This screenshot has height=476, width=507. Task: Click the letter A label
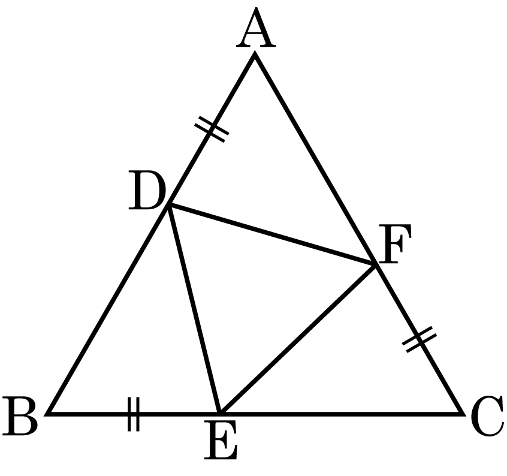[x=256, y=31]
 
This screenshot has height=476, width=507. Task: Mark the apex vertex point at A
[x=255, y=55]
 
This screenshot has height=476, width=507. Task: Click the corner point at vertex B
[x=49, y=413]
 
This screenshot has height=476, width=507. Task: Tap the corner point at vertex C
[x=463, y=413]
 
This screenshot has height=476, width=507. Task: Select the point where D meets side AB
[x=169, y=205]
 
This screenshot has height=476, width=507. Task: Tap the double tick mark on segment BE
[x=134, y=413]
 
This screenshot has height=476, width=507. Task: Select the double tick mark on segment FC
[x=418, y=340]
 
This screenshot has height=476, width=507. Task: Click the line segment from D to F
[x=272, y=234]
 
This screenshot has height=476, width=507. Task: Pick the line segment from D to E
[x=195, y=309]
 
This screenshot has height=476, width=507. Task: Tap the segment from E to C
[x=342, y=413]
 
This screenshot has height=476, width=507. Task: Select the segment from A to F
[x=315, y=159]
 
